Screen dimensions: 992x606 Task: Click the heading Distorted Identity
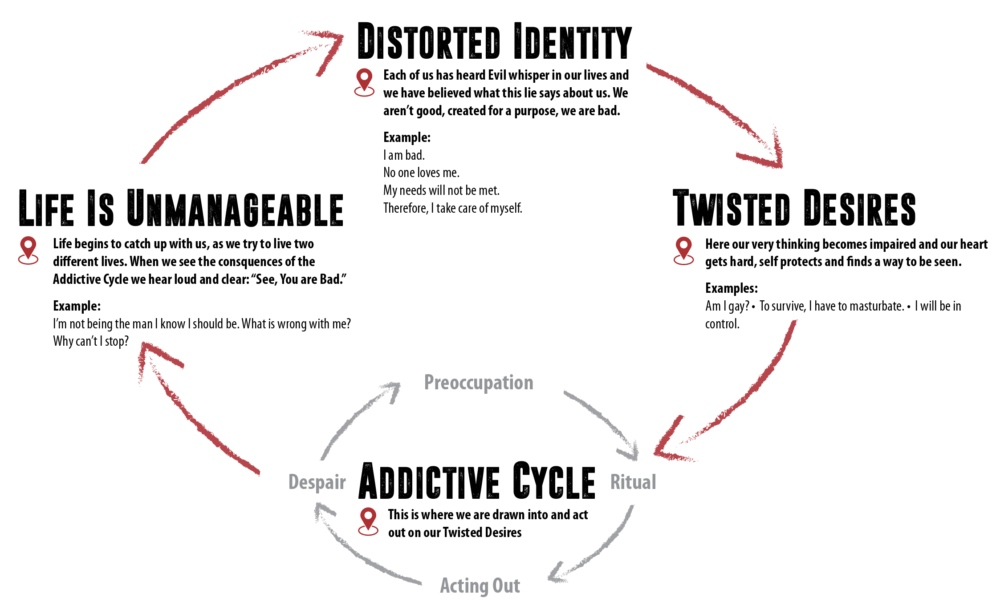coord(495,41)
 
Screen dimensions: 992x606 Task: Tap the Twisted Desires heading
coord(794,208)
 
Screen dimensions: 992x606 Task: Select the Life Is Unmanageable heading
coord(181,208)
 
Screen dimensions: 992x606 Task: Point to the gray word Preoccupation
coord(479,383)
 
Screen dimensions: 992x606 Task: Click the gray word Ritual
coord(633,482)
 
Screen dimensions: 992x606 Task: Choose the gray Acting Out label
coord(480,586)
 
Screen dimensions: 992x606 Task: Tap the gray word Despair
coord(317,483)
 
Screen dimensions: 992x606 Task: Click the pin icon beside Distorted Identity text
coord(364,82)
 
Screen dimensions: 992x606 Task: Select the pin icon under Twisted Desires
coord(684,251)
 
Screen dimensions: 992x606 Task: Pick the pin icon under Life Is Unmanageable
coord(28,250)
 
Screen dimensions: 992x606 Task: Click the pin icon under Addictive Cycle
coord(368,521)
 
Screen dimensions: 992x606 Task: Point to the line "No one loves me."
coord(421,173)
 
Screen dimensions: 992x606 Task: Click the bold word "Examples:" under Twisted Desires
coord(732,288)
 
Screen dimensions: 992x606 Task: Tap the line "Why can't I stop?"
coord(91,341)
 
